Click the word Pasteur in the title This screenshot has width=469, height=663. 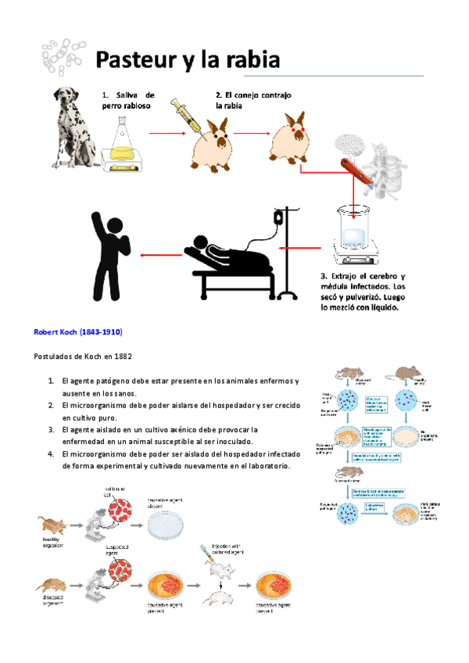[136, 59]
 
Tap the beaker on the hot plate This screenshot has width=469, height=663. [356, 228]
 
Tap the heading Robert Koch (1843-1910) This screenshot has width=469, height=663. [77, 331]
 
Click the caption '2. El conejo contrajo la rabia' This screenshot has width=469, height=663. [252, 100]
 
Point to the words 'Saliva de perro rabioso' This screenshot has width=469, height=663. [128, 100]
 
